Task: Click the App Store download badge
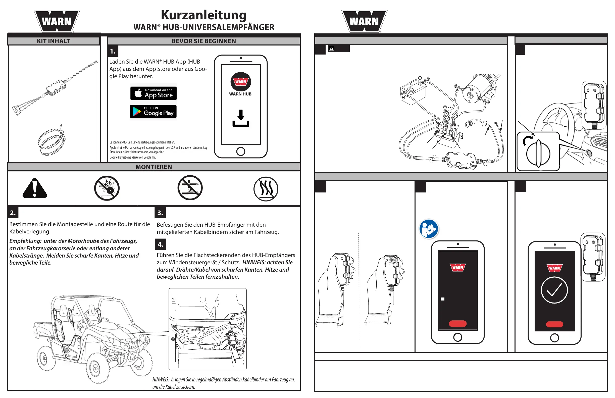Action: (153, 93)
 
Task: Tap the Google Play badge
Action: (153, 111)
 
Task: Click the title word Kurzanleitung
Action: (204, 15)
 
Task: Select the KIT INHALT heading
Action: (54, 41)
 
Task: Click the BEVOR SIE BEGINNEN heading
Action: (204, 41)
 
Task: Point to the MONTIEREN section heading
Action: (153, 167)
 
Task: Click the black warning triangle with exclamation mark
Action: (35, 188)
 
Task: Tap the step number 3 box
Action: (160, 213)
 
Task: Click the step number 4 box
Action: (161, 244)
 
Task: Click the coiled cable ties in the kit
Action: (52, 141)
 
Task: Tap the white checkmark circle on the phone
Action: (554, 290)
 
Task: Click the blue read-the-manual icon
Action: (429, 229)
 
